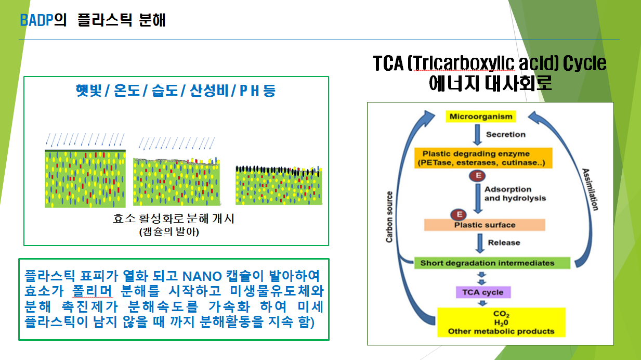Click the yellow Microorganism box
481,117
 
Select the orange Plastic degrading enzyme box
483,158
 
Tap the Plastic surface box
485,225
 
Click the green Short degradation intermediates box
492,263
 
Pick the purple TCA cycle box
483,292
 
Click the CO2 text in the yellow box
501,314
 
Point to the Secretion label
506,134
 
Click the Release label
504,242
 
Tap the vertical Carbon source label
389,217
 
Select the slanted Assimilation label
590,189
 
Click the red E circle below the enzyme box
477,175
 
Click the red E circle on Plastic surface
459,214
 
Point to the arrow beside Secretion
477,135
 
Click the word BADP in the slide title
36,20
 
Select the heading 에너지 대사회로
490,83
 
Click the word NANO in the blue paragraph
202,276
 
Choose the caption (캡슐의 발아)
169,232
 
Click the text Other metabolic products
501,331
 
